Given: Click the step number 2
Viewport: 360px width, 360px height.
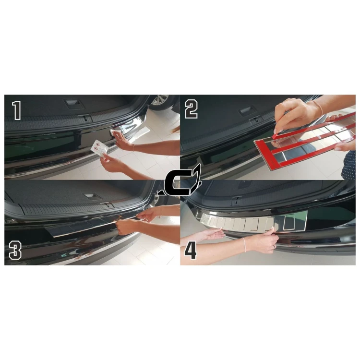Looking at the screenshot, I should pos(191,110).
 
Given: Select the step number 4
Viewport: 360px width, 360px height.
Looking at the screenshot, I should pos(191,250).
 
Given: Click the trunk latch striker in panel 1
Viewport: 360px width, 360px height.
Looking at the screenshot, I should pos(84,118).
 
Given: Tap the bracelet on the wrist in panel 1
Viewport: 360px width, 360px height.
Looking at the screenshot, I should pos(133,148).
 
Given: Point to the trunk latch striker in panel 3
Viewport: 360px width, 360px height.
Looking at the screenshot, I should pos(108,205).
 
